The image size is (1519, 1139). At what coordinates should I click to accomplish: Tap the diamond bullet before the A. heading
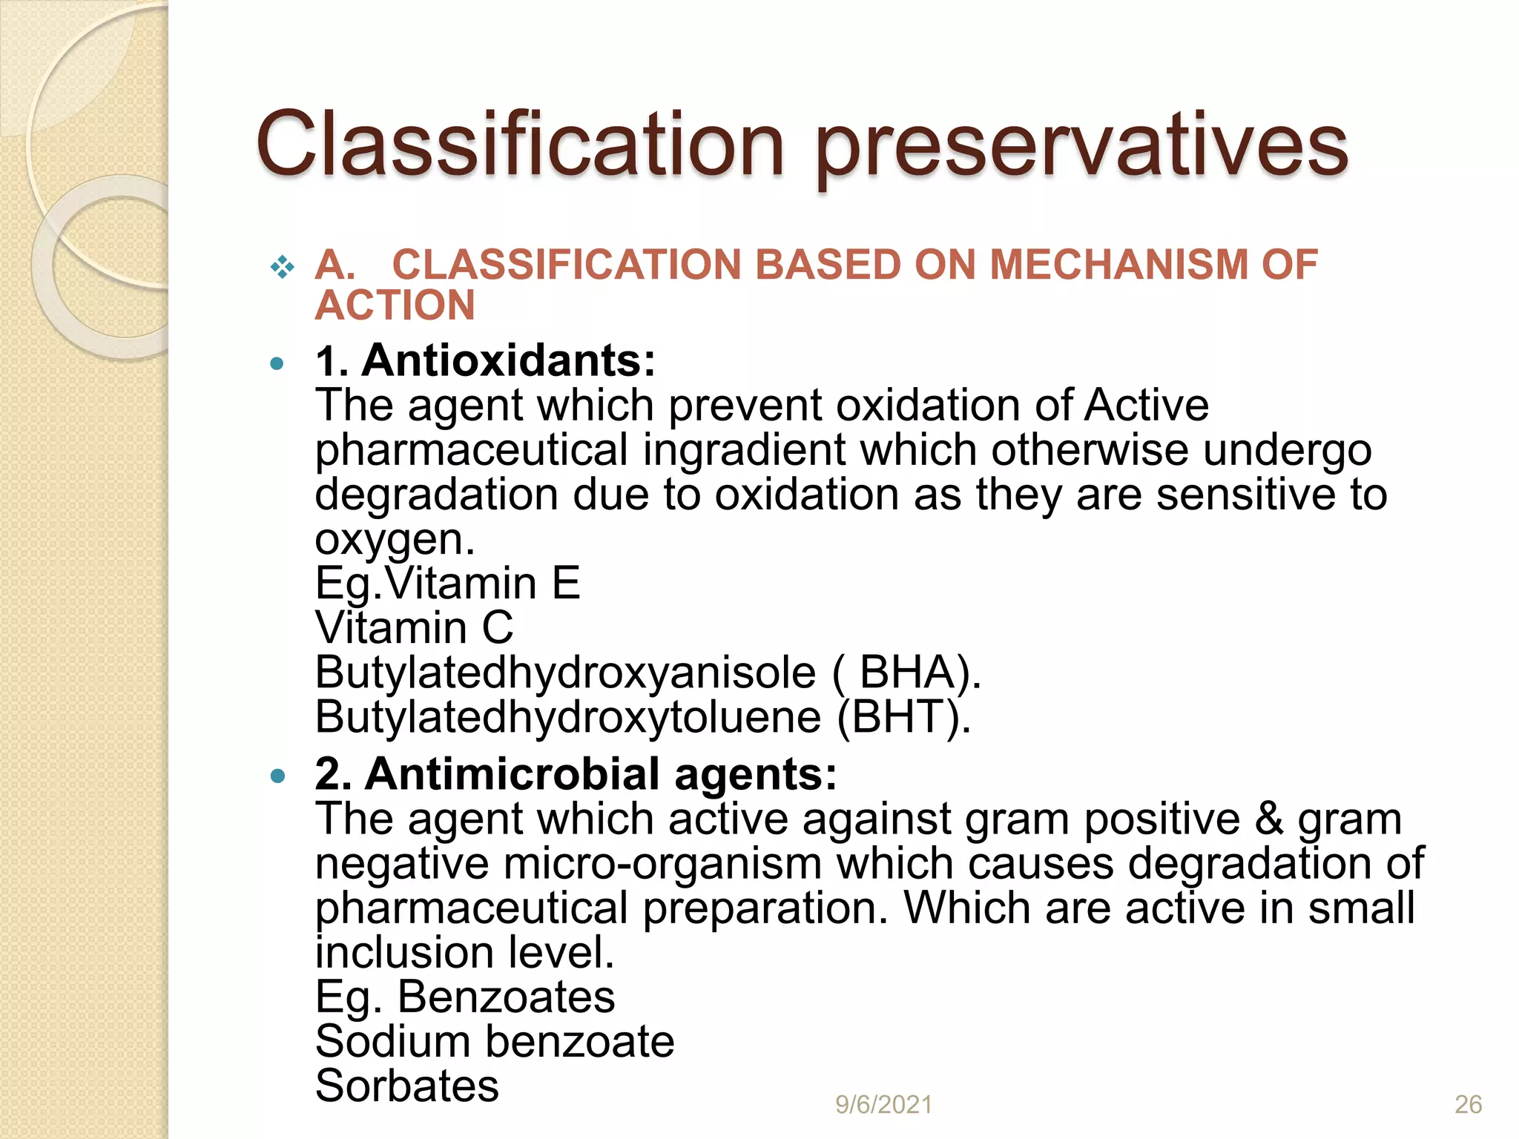coord(282,266)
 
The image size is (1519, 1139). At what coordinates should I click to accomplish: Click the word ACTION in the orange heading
coord(395,306)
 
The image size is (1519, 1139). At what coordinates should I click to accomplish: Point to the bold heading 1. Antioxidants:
coord(486,360)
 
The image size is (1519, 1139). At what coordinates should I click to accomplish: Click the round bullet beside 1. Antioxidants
coord(277,363)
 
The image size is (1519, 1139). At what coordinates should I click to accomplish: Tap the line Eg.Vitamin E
coord(447,584)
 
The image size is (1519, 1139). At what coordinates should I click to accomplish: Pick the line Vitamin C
coord(414,628)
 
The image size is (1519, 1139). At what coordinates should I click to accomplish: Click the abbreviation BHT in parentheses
coord(901,717)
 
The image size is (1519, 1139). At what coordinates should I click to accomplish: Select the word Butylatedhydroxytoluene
coord(568,717)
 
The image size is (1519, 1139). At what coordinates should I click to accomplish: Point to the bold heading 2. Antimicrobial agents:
coord(576,774)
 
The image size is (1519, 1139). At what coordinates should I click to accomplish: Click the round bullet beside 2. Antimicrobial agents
coord(277,776)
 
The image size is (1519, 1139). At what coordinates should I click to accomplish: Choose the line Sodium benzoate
coord(495,1042)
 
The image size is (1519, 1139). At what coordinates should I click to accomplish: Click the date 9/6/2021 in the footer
coord(883,1105)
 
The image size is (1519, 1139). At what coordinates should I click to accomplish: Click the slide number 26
coord(1468,1105)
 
